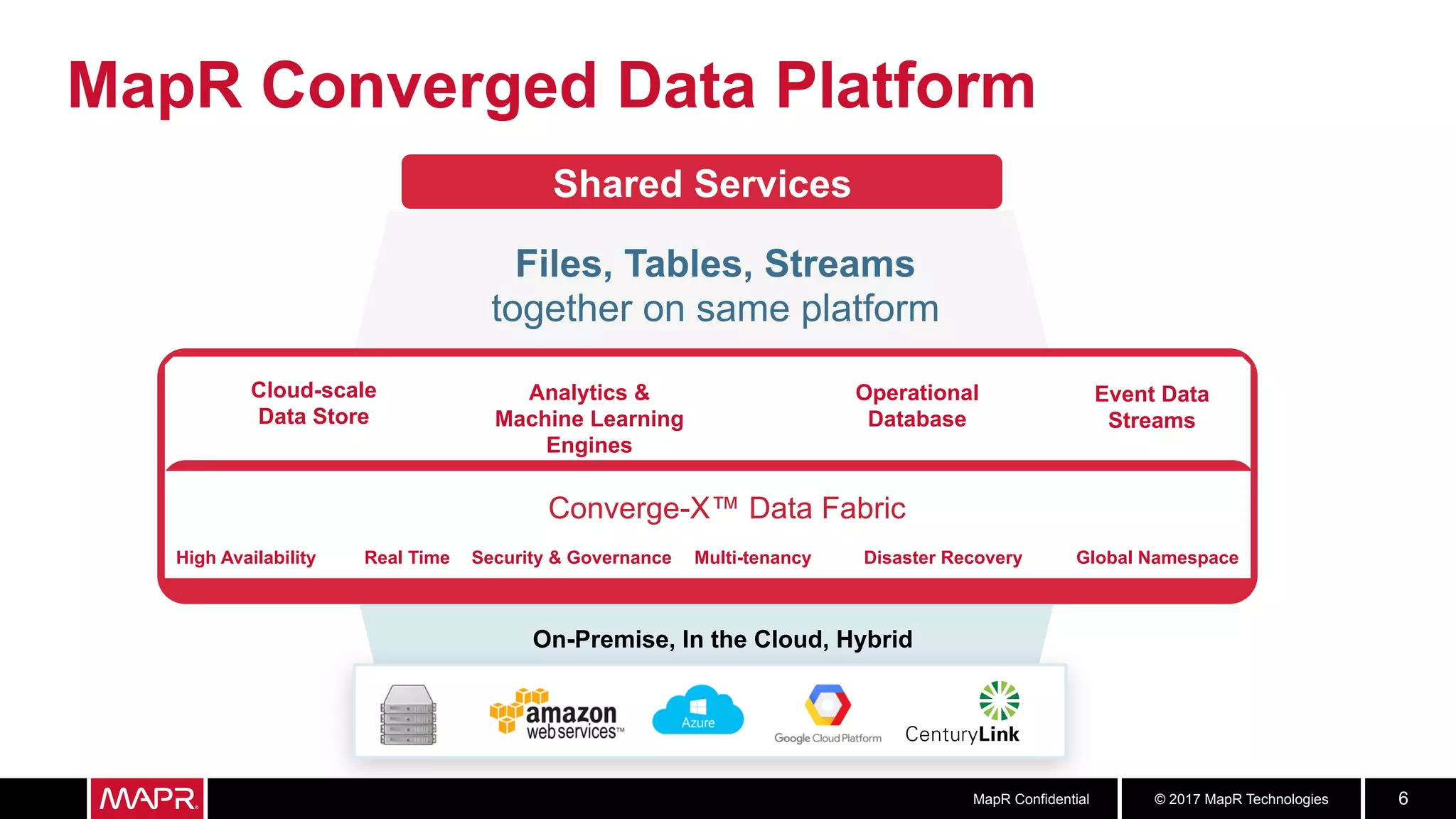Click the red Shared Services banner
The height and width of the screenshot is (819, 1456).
click(701, 183)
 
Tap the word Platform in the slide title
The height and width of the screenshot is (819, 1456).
click(905, 87)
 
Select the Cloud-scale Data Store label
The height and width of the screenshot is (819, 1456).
click(314, 403)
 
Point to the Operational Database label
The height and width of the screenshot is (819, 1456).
click(916, 406)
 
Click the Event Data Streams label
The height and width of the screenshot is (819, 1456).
click(1151, 407)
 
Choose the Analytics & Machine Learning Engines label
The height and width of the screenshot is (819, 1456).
click(589, 419)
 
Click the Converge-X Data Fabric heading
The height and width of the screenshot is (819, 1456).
click(727, 508)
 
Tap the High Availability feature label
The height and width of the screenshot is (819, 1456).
click(246, 558)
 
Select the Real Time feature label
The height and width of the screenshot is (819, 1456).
click(407, 558)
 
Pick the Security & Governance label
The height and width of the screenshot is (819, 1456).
click(571, 558)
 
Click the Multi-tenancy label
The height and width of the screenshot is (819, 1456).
click(752, 558)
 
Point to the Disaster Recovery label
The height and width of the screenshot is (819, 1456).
click(943, 558)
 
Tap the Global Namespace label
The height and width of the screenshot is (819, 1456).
click(1157, 558)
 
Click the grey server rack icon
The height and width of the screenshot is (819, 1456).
click(408, 714)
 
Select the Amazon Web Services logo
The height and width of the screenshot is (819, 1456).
click(557, 714)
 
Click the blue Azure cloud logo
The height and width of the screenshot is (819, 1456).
click(697, 710)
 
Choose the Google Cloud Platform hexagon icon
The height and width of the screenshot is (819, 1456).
click(828, 705)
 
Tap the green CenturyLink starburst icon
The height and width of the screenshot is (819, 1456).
click(999, 700)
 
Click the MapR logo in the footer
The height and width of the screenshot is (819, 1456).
click(148, 798)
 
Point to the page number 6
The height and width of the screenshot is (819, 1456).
click(1403, 798)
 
